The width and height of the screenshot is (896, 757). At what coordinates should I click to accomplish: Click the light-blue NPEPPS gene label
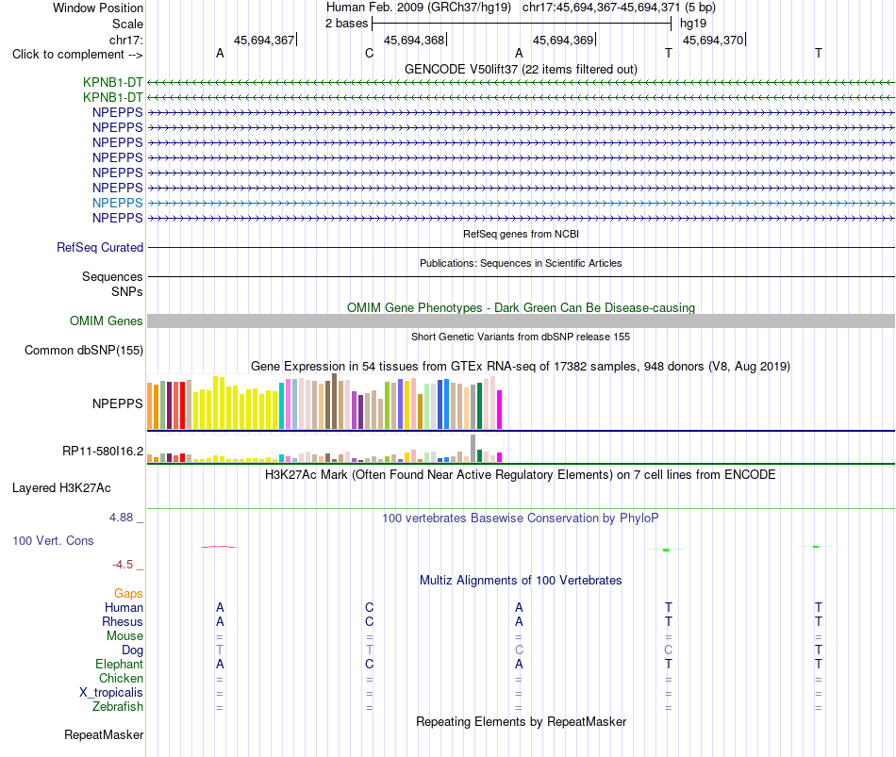point(117,203)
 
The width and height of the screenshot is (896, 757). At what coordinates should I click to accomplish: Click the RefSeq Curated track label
point(99,247)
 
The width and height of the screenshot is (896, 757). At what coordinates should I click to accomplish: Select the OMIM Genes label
point(106,321)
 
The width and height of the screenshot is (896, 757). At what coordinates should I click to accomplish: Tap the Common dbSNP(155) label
point(83,351)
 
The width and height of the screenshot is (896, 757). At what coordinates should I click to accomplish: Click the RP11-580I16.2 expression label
point(103,452)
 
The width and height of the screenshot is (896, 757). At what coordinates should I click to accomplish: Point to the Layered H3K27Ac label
point(61,488)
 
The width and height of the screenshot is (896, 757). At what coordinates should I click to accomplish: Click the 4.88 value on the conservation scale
point(121,518)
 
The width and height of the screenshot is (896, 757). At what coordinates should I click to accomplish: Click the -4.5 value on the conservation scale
point(123,565)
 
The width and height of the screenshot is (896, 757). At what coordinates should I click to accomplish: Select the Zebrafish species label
point(118,707)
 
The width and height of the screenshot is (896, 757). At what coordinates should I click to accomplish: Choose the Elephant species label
point(119,664)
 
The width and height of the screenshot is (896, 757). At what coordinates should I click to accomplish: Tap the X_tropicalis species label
point(111,693)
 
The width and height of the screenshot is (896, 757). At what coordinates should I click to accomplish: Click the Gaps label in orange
point(128,594)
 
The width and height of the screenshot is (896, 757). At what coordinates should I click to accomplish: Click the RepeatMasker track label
point(104,734)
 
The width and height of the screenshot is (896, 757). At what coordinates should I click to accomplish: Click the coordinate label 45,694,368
point(414,40)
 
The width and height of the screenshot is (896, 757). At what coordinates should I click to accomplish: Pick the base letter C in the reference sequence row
point(369,53)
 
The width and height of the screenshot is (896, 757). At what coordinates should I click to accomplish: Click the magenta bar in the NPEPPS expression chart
point(500,410)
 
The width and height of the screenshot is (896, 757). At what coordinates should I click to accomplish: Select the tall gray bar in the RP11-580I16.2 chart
point(473,449)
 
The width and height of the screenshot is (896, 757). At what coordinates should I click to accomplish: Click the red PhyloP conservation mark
point(218,547)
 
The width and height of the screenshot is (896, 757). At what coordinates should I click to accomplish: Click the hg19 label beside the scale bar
point(693,24)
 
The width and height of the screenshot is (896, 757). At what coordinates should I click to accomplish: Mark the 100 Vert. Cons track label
point(53,540)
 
